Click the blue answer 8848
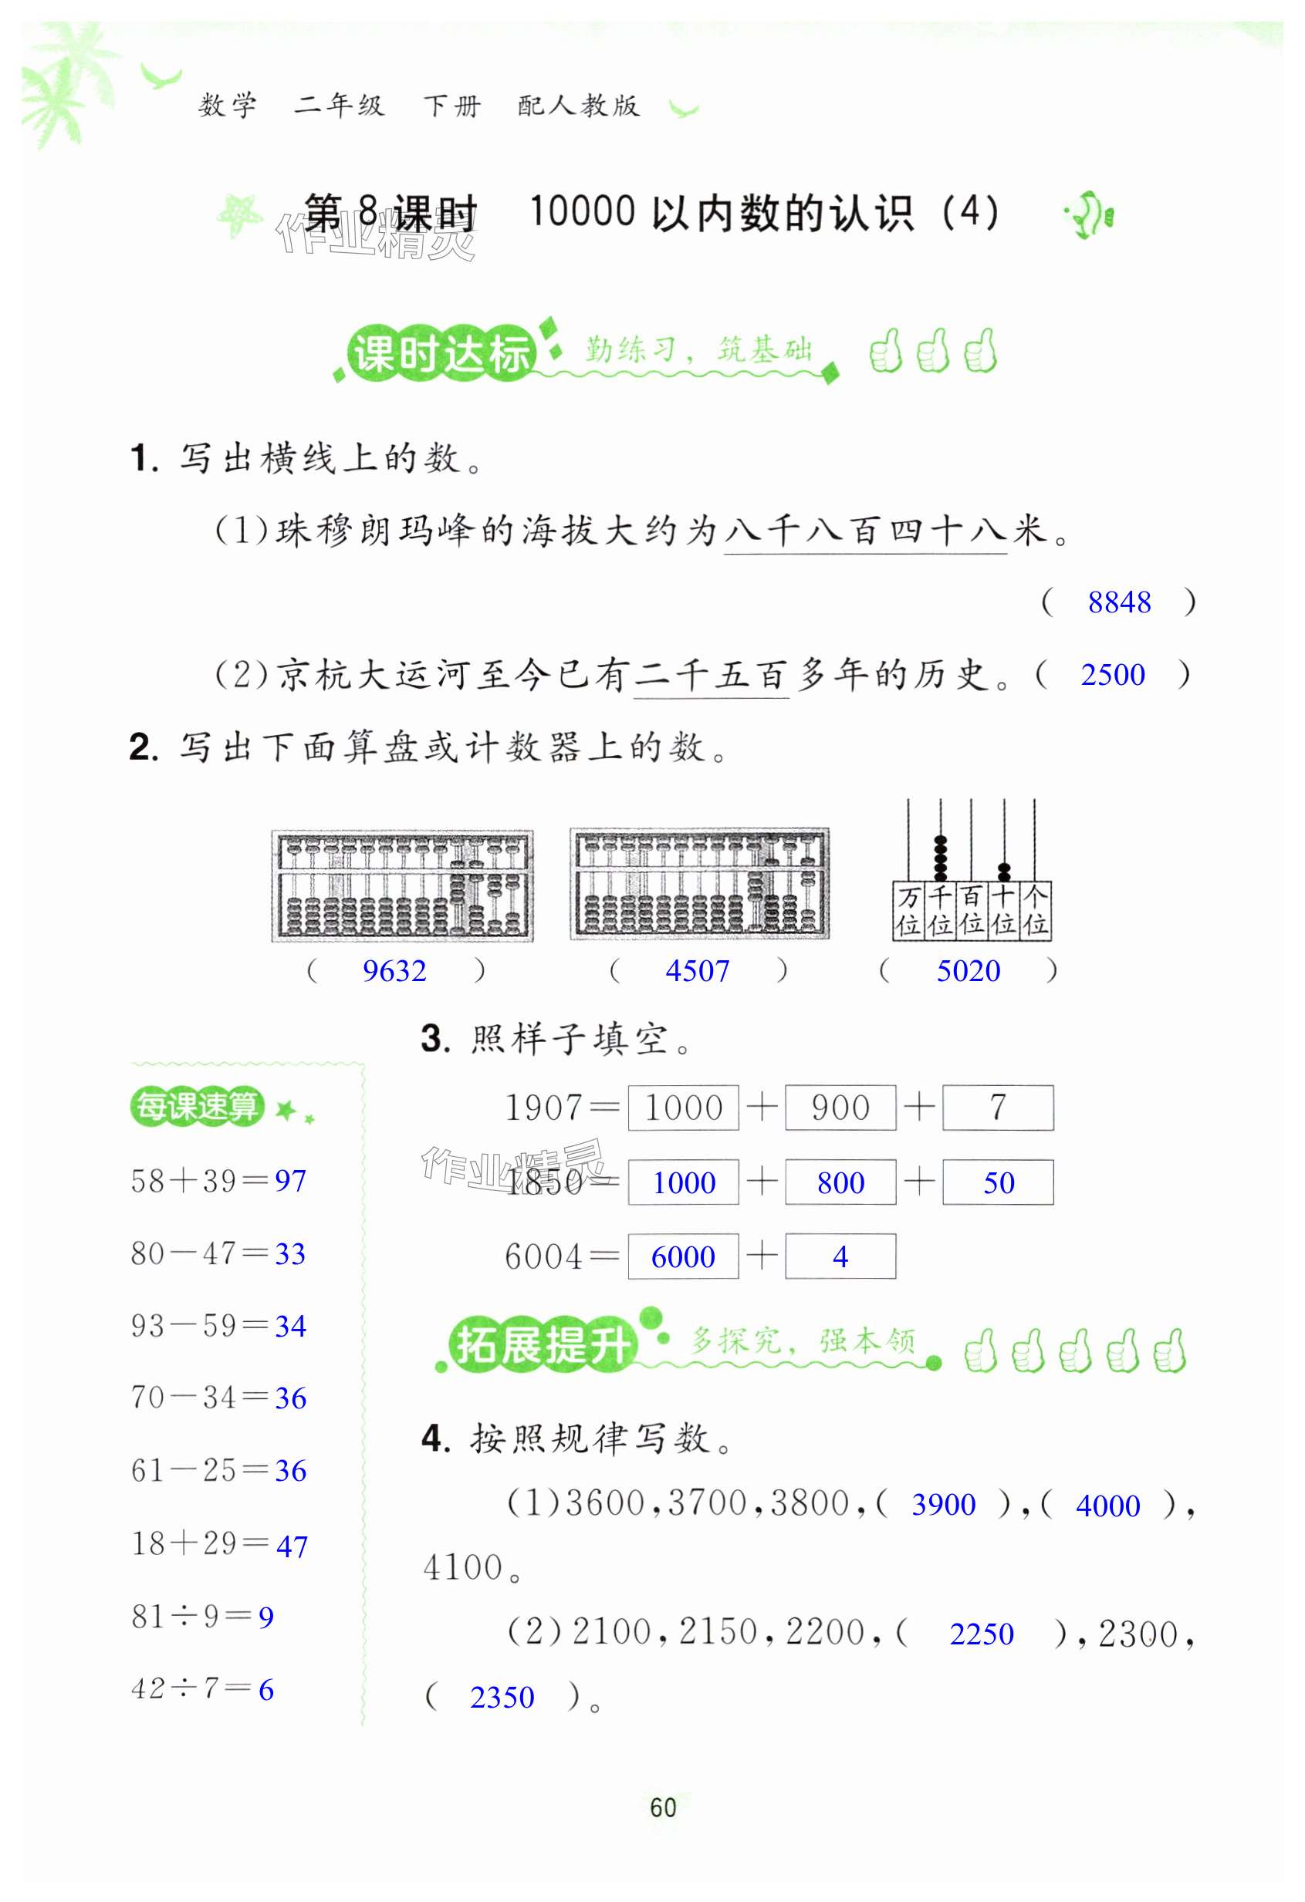1118,602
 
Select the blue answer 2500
1112,675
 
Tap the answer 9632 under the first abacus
394,972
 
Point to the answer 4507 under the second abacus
697,972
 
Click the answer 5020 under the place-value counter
968,972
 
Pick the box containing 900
840,1108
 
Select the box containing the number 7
997,1108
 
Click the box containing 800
840,1182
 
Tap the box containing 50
997,1182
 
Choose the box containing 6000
683,1256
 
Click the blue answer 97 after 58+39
291,1181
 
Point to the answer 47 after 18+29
292,1546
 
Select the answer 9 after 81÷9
266,1617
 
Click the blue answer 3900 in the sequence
943,1505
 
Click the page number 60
662,1807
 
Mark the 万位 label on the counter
908,911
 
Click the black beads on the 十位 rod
1004,872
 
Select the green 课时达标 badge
441,354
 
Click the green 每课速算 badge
197,1107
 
